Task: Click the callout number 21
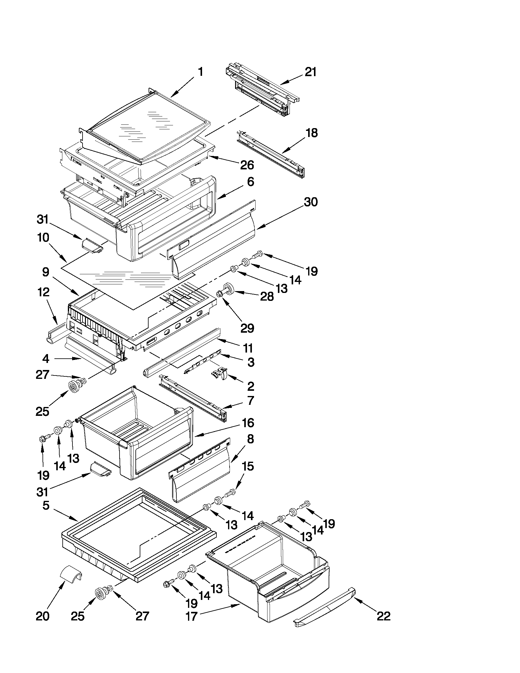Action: (310, 72)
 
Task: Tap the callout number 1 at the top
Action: (200, 72)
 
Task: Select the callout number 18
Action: (311, 133)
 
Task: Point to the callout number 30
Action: (311, 202)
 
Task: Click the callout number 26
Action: (247, 165)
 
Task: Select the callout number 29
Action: (247, 328)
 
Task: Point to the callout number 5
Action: (46, 506)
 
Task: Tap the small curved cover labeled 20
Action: (70, 575)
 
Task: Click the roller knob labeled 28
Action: (227, 290)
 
